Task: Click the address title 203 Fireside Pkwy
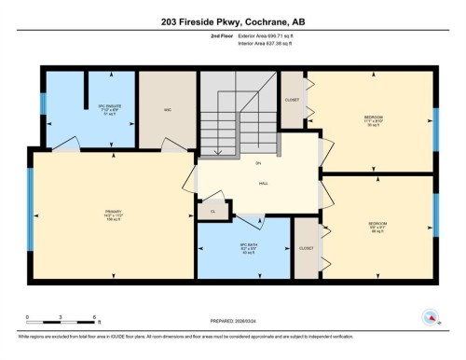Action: (x=233, y=20)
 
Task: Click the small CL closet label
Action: (x=213, y=212)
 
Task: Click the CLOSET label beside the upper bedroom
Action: (x=293, y=99)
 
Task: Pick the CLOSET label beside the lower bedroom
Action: (x=306, y=249)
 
